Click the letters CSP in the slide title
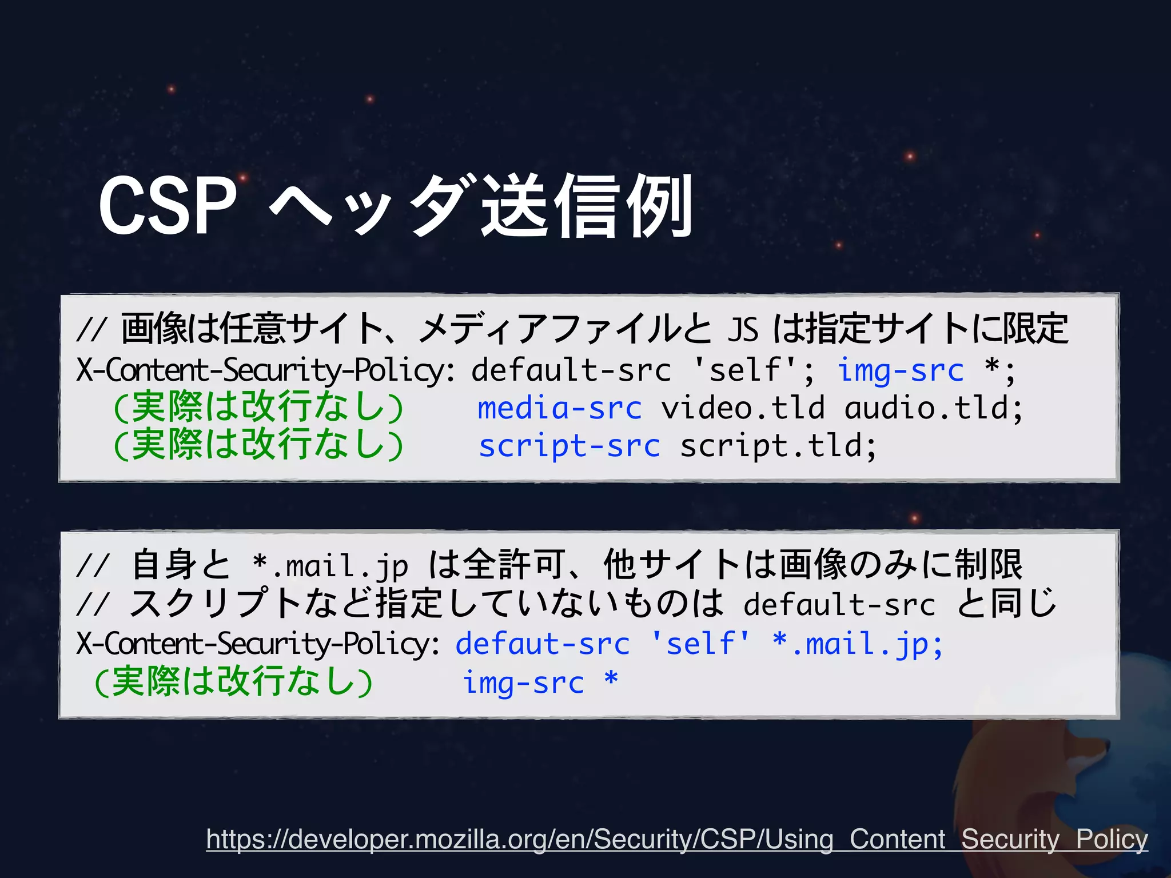167,206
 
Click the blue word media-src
560,408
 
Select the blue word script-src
569,446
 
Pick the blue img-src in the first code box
901,370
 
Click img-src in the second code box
523,683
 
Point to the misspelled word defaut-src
543,644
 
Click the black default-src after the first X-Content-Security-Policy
571,370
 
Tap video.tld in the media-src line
743,408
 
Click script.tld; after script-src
778,446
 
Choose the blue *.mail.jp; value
857,644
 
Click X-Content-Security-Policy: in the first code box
266,370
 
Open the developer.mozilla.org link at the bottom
676,839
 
